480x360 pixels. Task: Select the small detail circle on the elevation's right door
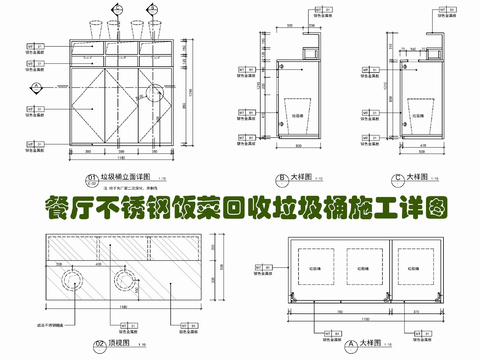click(x=154, y=93)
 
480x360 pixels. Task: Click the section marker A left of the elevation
click(x=33, y=110)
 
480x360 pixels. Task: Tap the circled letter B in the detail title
click(x=283, y=176)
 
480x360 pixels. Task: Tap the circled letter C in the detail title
click(x=398, y=176)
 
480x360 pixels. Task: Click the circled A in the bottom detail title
click(x=341, y=343)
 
